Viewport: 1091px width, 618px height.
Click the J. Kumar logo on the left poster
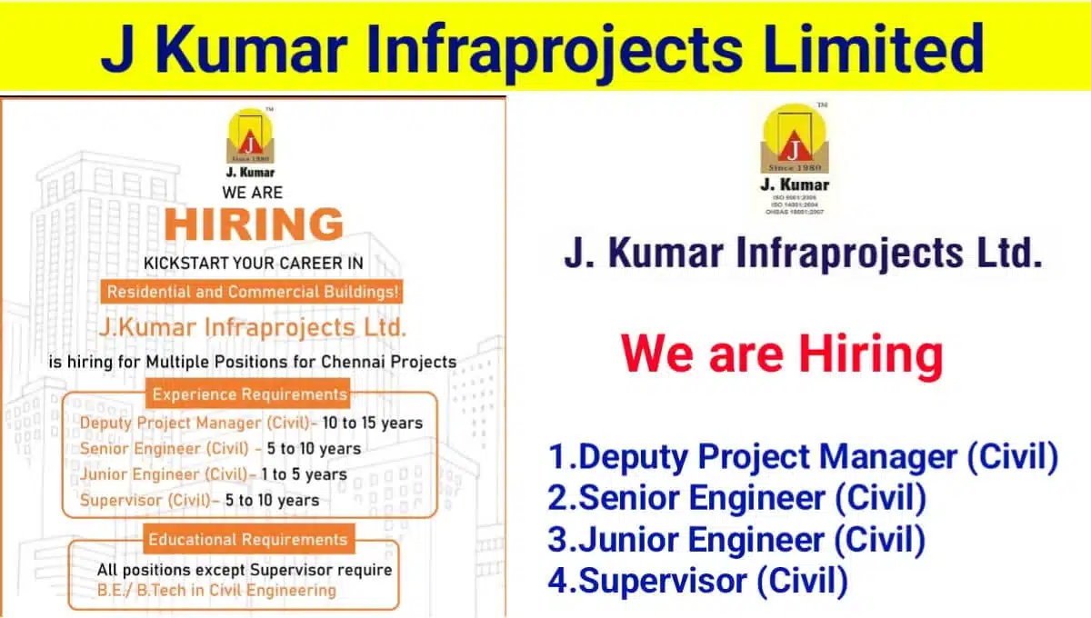click(249, 141)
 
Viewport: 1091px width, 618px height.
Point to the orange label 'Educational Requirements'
click(248, 539)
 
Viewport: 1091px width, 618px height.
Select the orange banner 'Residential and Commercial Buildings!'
click(253, 293)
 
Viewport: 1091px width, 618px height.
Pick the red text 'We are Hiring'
click(782, 354)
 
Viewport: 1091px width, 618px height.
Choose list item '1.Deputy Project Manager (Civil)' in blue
click(803, 457)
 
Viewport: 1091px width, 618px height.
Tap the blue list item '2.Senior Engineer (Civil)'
click(736, 498)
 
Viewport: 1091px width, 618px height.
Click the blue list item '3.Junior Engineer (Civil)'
click(736, 540)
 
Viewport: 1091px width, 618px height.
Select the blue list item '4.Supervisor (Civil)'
click(697, 581)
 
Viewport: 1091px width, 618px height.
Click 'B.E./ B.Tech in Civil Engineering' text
click(216, 591)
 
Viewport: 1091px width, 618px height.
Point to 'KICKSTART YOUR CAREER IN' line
click(254, 264)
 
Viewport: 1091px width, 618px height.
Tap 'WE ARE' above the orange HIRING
click(253, 193)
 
